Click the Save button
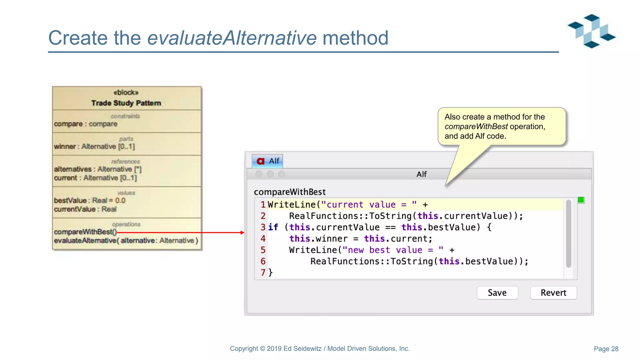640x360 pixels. [x=497, y=293]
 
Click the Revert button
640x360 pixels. [x=553, y=293]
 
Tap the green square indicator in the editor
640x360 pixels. [x=581, y=200]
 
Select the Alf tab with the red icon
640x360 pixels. [x=267, y=161]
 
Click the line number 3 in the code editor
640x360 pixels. [x=263, y=227]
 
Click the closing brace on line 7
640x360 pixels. [x=271, y=272]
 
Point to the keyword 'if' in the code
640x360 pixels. [x=273, y=227]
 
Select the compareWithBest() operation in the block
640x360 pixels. [x=85, y=232]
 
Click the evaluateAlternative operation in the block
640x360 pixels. [x=126, y=241]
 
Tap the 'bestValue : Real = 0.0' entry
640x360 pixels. [x=90, y=201]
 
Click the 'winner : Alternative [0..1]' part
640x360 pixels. [x=94, y=147]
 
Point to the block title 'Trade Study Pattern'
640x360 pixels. [x=126, y=103]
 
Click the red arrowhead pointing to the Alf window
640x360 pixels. [x=242, y=232]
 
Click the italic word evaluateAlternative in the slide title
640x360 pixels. [x=232, y=38]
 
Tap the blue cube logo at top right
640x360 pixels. [x=591, y=31]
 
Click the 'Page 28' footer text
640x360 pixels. [x=606, y=349]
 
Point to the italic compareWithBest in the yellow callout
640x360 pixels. [x=476, y=127]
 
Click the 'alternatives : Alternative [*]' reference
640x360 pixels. [x=98, y=169]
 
